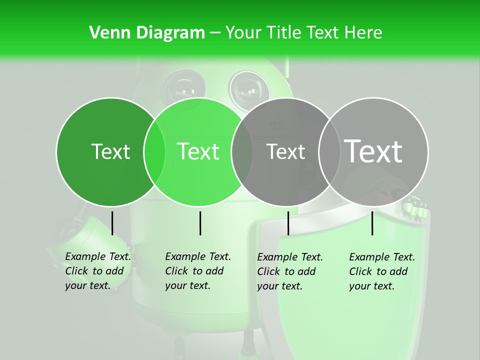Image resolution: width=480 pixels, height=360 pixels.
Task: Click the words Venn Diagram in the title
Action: [146, 33]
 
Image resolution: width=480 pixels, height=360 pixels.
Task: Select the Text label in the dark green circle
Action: [110, 151]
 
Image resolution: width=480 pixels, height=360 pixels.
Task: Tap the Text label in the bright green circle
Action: [198, 151]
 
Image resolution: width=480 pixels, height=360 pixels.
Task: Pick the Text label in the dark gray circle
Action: [285, 151]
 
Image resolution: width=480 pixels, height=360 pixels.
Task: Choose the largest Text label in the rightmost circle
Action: [373, 151]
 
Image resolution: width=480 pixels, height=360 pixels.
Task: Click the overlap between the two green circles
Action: [154, 152]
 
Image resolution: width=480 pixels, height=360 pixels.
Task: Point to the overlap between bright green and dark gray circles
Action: [242, 152]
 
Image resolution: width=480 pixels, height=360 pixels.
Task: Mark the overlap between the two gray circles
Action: [329, 152]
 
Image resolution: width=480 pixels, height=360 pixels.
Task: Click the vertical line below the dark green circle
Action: [112, 223]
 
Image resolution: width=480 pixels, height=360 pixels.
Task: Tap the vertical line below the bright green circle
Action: [200, 223]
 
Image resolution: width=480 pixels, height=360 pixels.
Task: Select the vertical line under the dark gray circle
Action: [288, 223]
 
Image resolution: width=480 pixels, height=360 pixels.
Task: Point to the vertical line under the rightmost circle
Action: [372, 223]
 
